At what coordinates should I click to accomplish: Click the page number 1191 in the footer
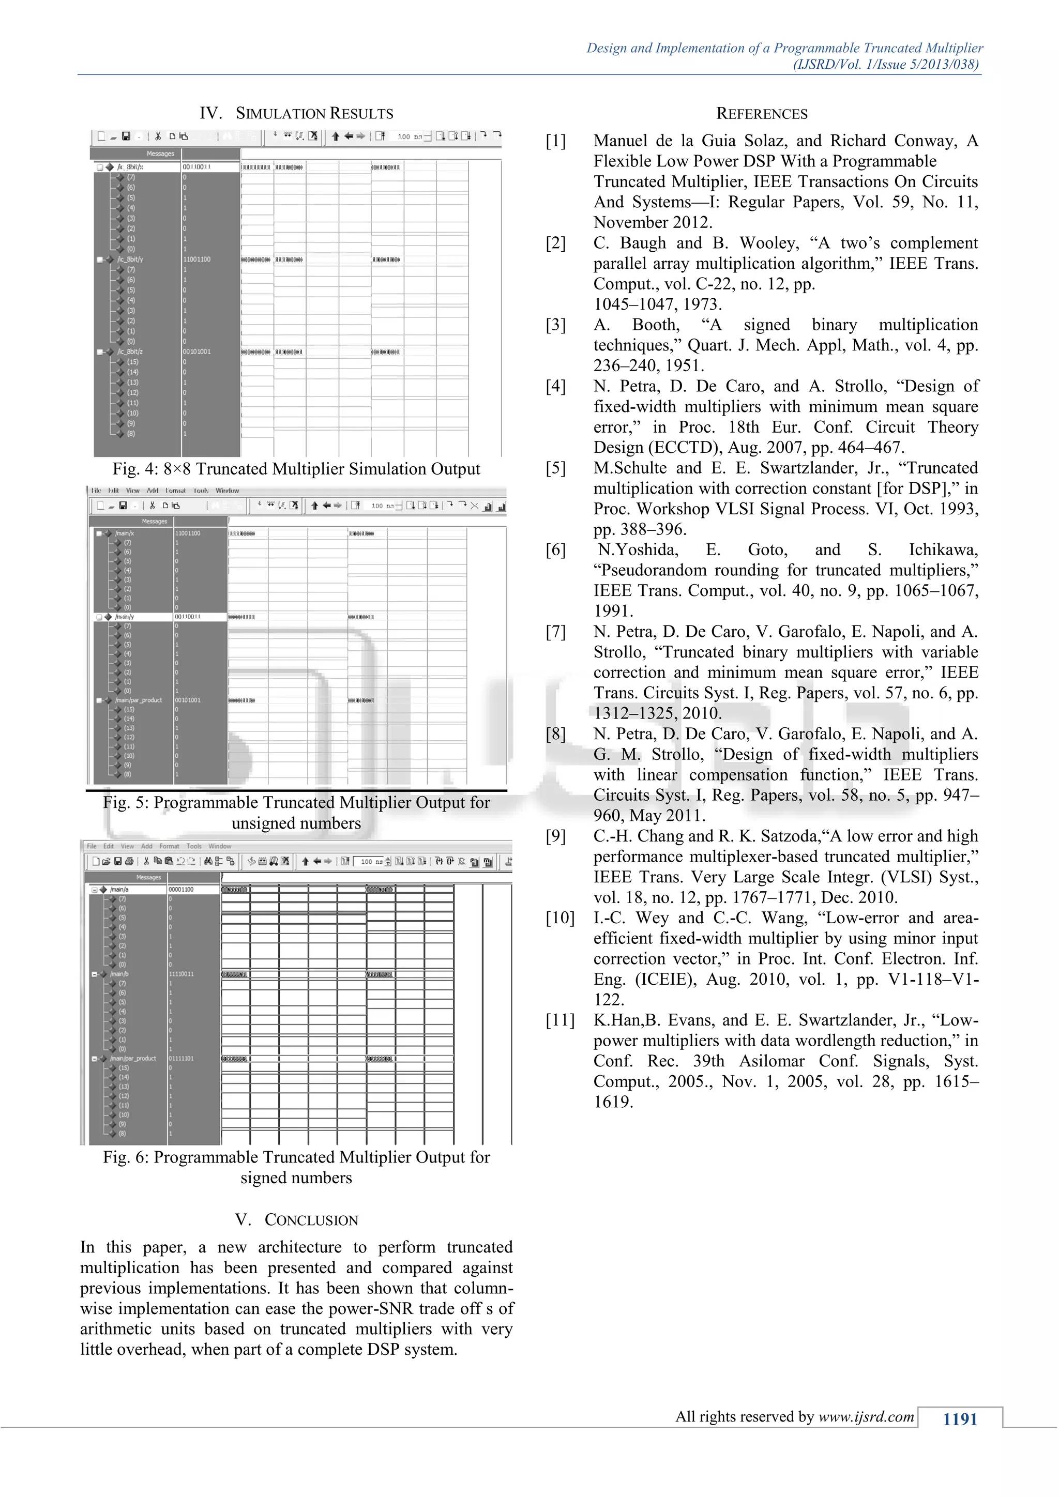(x=959, y=1419)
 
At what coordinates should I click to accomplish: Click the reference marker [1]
(x=555, y=141)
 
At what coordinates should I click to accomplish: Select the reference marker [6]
(x=555, y=549)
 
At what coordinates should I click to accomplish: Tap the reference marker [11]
(x=560, y=1020)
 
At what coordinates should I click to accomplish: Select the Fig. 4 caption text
(x=296, y=469)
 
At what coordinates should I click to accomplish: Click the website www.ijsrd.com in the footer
(x=866, y=1416)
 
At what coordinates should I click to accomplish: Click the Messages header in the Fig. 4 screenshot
(x=160, y=154)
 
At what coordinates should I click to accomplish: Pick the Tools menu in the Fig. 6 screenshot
(x=194, y=846)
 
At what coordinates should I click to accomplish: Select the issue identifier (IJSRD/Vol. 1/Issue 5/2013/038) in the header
(x=886, y=64)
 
